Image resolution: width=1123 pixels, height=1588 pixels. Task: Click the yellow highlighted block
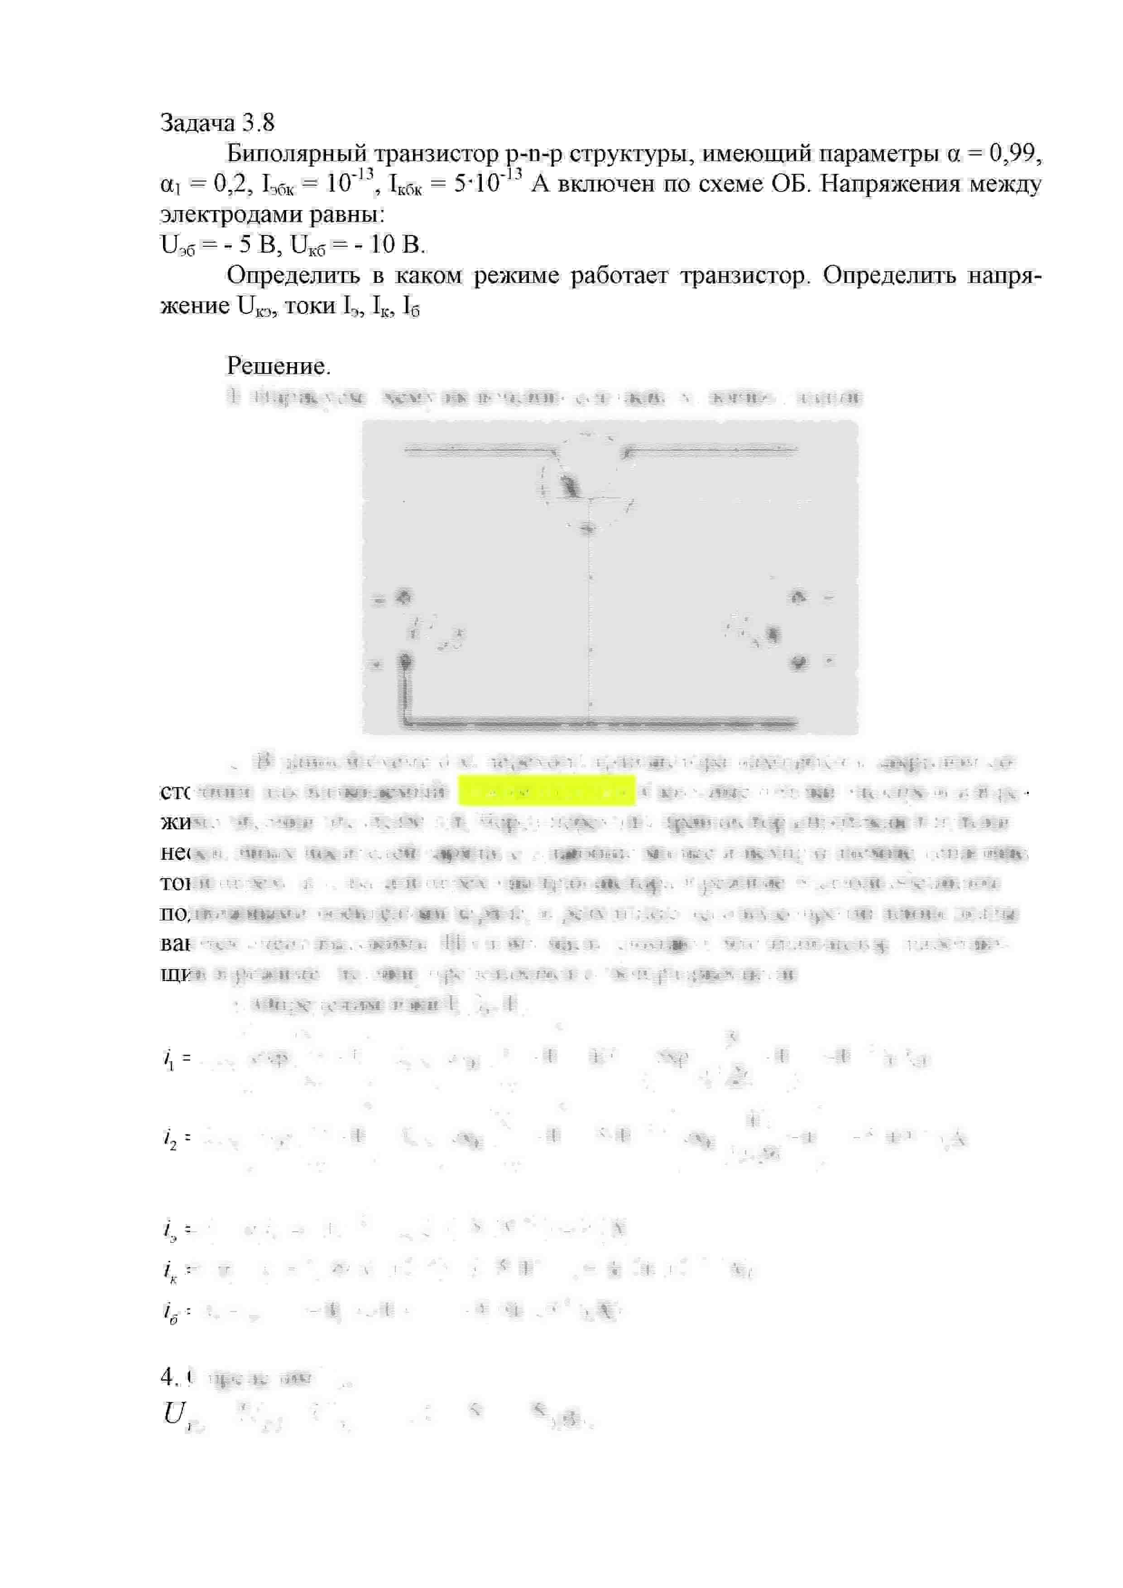coord(547,790)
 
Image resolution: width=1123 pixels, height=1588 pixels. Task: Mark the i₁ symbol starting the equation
coord(169,1059)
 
